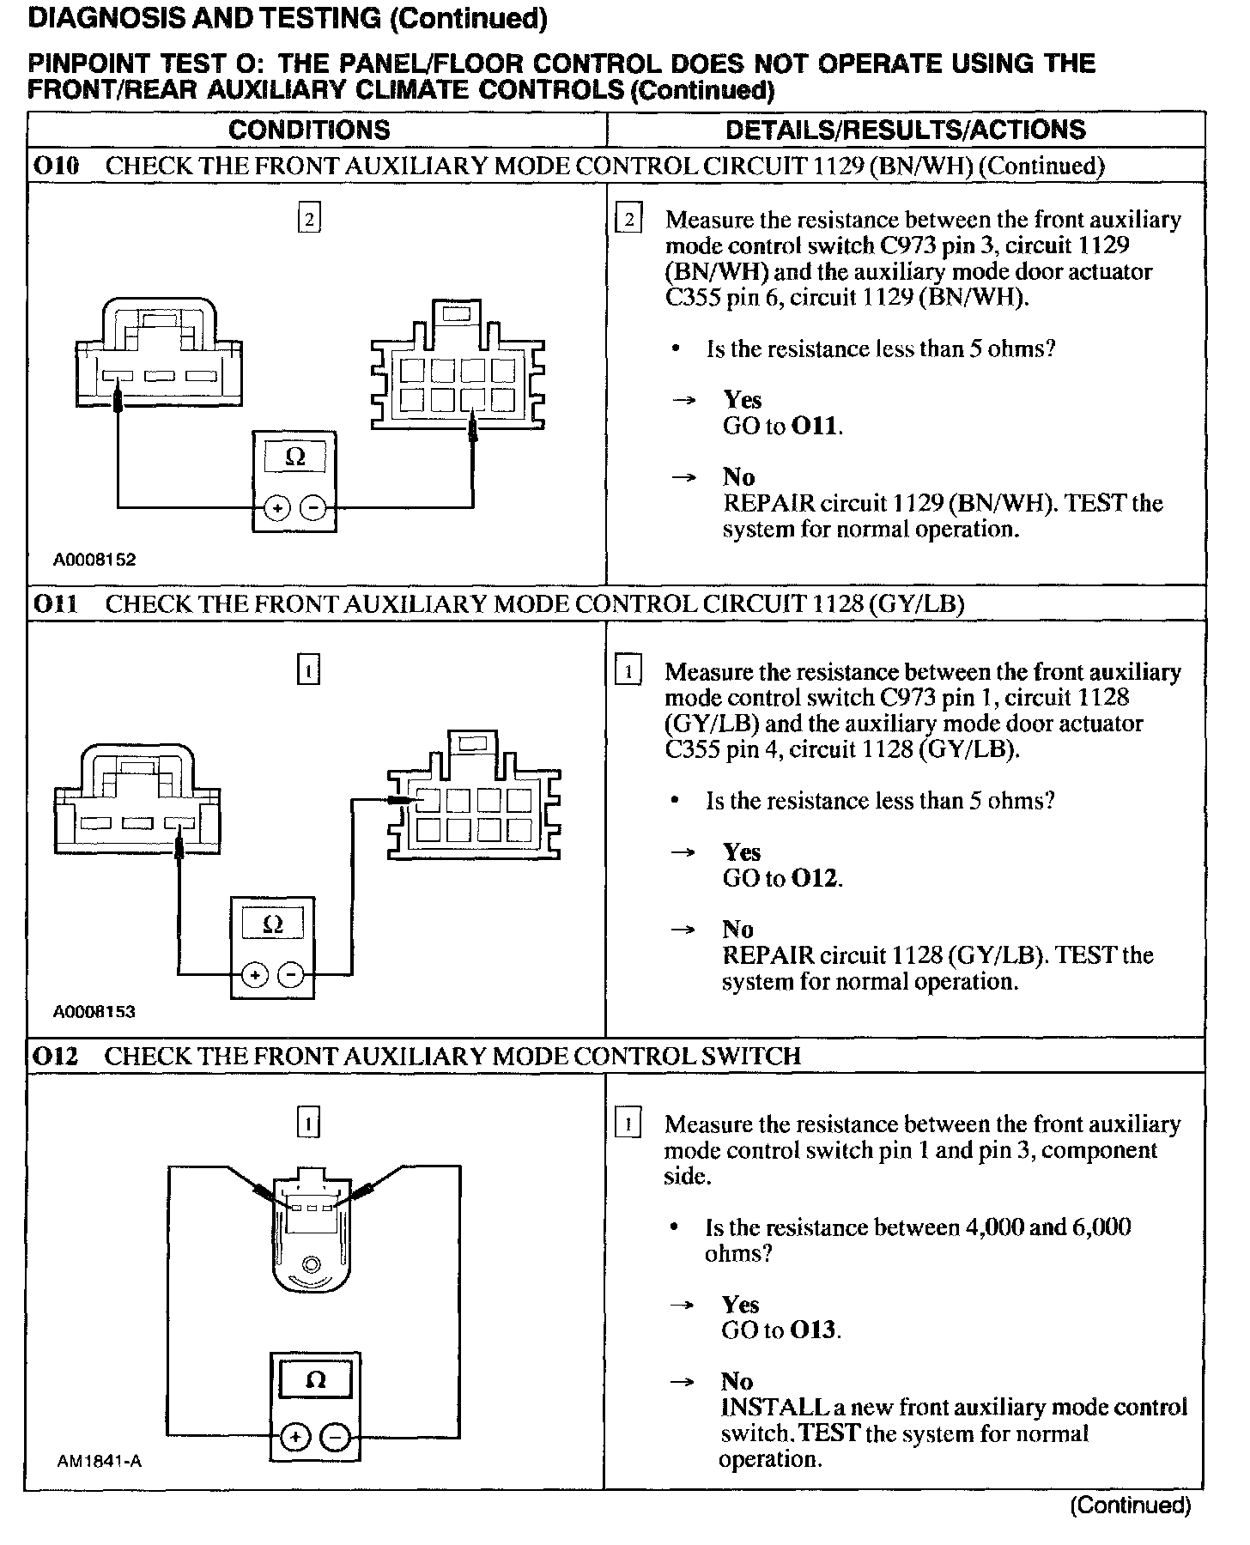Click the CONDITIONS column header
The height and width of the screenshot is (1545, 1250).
pos(309,130)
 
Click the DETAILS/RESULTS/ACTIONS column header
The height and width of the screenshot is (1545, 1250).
pos(905,130)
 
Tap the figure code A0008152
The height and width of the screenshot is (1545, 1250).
pos(94,560)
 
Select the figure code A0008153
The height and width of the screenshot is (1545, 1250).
pos(94,1012)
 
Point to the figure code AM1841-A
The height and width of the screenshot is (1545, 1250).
pos(100,1461)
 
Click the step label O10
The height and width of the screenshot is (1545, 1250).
pos(56,166)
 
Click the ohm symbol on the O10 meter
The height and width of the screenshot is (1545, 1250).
pos(294,457)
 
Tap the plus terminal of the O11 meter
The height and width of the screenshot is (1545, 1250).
pos(255,975)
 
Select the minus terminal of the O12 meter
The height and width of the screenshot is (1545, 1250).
pos(336,1437)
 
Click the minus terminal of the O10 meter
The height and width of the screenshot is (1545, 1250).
pos(314,508)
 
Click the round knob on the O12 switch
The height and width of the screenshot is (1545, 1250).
pos(311,1264)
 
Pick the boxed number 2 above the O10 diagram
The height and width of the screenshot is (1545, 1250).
pos(309,220)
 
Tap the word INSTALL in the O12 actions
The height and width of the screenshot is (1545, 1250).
pos(767,1408)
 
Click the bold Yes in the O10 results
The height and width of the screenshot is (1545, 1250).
pos(742,400)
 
